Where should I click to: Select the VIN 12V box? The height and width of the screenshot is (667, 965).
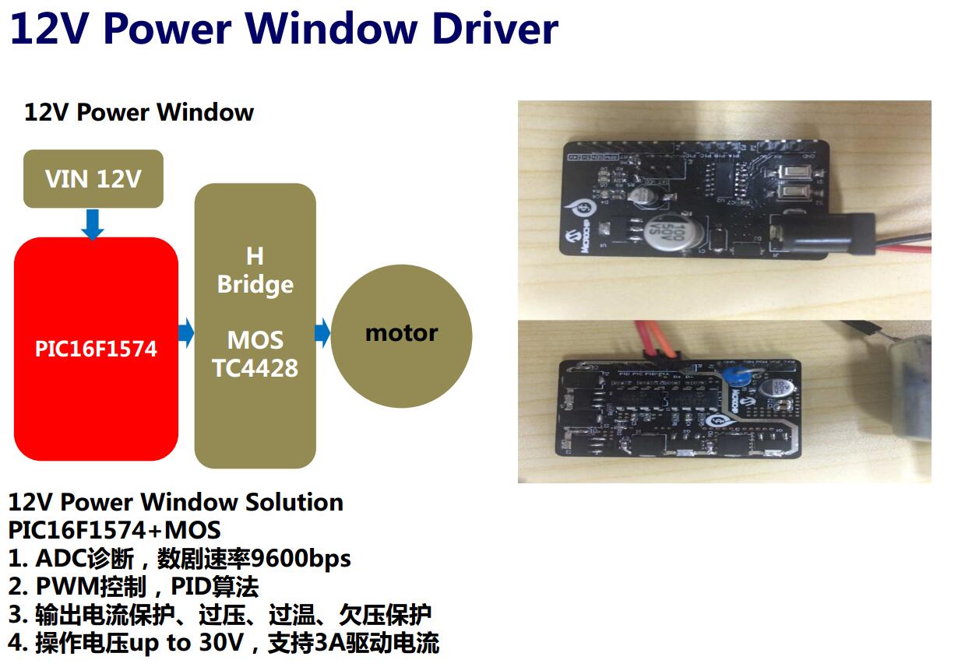[x=93, y=179]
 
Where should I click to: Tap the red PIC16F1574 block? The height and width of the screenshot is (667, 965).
[x=96, y=349]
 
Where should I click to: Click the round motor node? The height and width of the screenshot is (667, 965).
[x=401, y=334]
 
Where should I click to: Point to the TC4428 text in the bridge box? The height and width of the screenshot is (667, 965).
[x=255, y=367]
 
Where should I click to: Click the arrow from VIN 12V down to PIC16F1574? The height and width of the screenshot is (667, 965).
[x=93, y=223]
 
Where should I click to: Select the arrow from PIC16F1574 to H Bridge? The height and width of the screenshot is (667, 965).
[x=186, y=333]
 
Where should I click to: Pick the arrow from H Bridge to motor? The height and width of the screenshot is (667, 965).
[x=322, y=333]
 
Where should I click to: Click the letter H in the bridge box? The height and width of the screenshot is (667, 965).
[x=255, y=256]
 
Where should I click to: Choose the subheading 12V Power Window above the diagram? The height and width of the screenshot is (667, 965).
[x=139, y=112]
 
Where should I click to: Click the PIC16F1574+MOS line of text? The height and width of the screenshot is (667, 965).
[x=114, y=530]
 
